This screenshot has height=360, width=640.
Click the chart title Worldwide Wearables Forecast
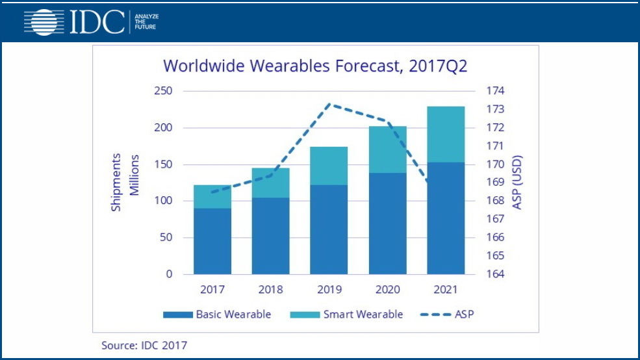[x=315, y=66]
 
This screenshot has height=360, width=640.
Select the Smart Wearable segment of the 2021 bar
[x=446, y=134]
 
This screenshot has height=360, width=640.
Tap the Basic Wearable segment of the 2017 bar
[x=212, y=241]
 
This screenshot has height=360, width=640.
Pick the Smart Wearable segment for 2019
[x=329, y=166]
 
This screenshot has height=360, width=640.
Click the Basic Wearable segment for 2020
[x=387, y=224]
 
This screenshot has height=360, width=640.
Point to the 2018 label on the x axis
[x=270, y=289]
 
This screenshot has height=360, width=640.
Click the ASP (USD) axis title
[x=518, y=183]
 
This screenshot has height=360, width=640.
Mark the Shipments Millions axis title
[x=125, y=183]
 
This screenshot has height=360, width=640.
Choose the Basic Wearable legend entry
[x=217, y=315]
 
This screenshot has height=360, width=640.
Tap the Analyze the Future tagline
[x=145, y=22]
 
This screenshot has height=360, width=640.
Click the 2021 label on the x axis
[x=446, y=289]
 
